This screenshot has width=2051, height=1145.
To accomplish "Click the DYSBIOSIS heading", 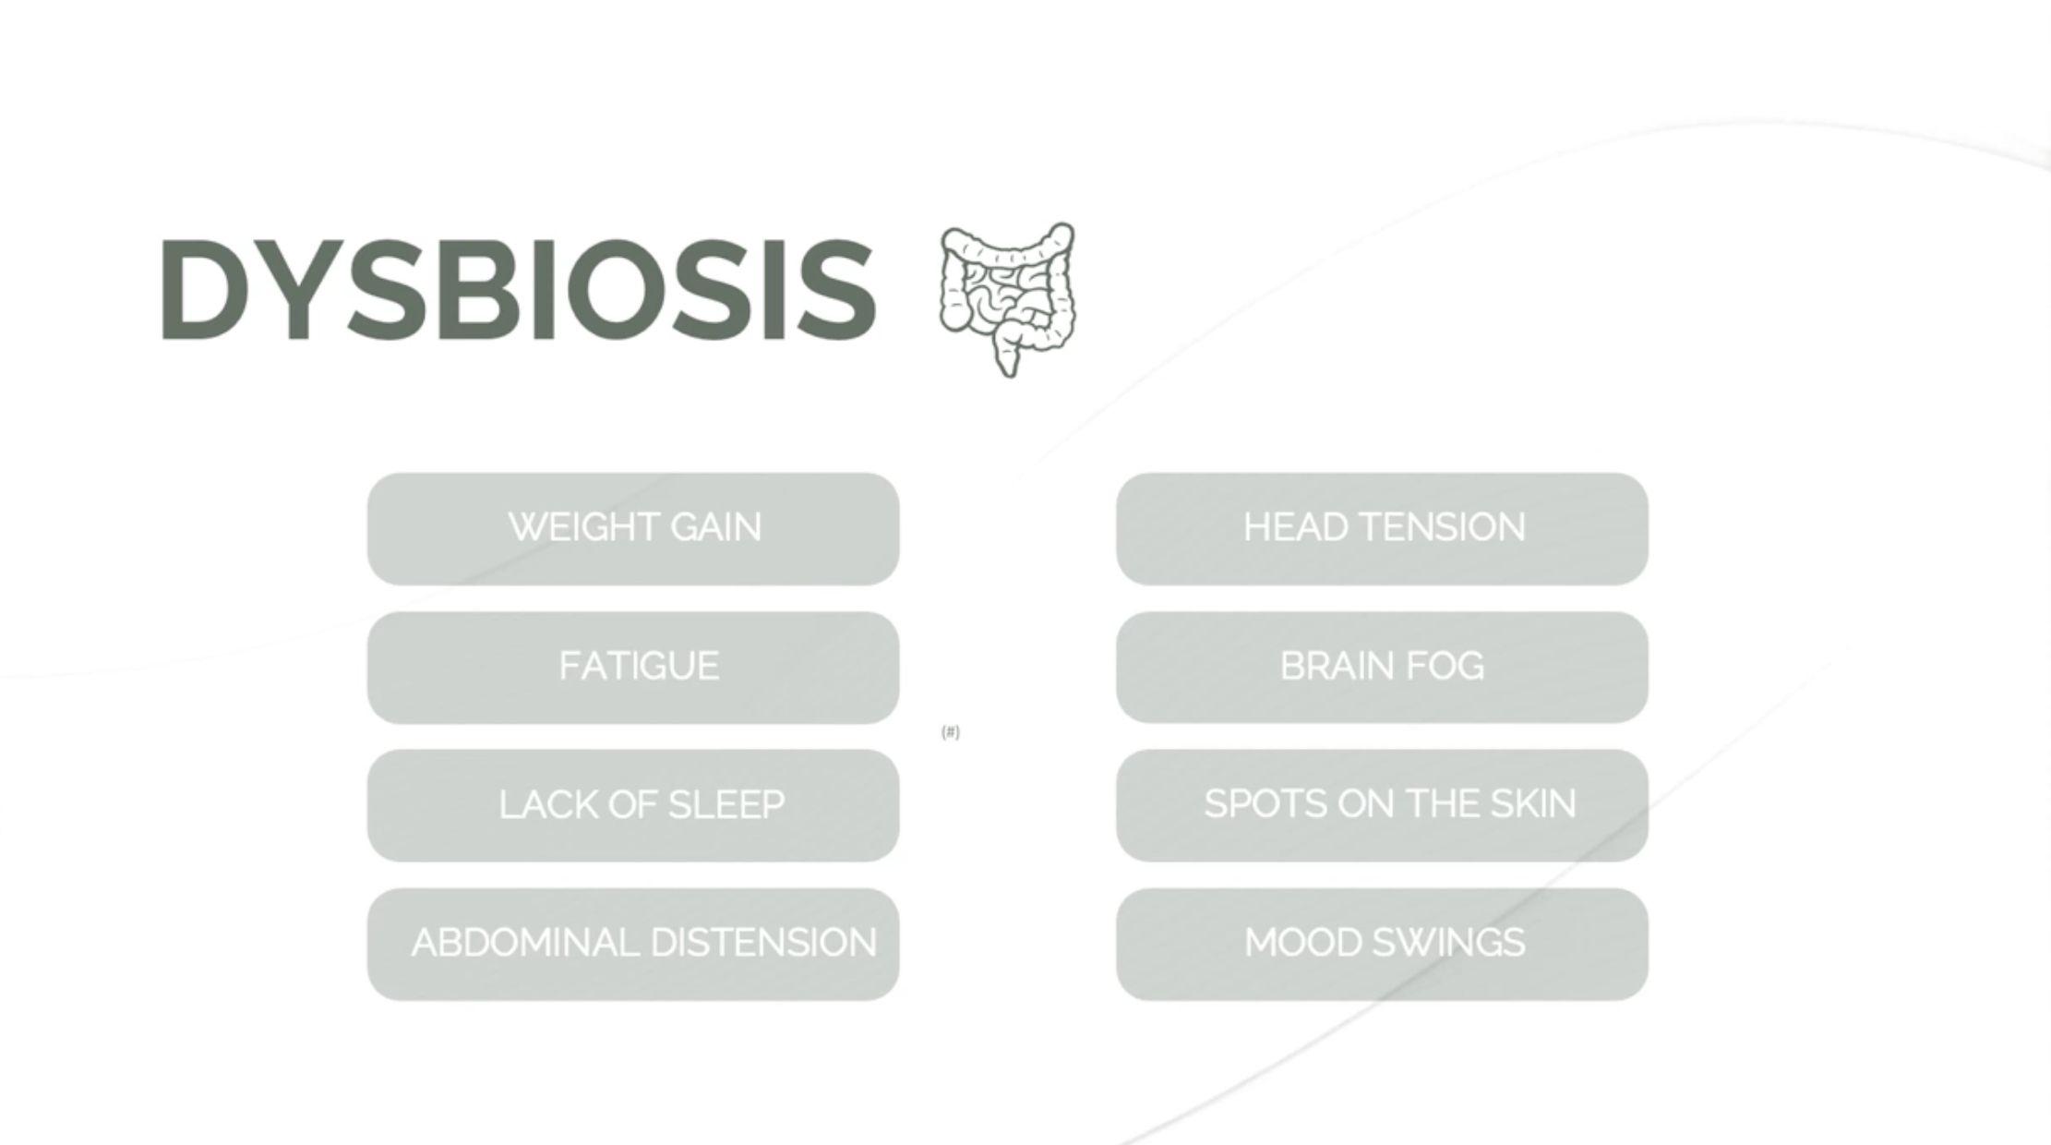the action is pos(518,289).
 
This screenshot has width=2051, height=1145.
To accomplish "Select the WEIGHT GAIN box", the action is pos(633,529).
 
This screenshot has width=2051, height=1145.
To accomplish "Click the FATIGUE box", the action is pos(633,668).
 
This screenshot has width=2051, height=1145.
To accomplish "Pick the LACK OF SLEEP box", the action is pos(633,805).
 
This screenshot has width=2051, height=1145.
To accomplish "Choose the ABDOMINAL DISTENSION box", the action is pos(633,944).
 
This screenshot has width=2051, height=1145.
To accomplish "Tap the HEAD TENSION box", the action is pos(1382,529).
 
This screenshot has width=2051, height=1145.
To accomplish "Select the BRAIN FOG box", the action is pos(1382,668).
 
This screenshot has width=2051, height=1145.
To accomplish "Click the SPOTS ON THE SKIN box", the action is pos(1382,805).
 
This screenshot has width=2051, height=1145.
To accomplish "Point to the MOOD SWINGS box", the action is pos(1382,944).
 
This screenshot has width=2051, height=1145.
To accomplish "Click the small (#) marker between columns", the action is pos(951,732).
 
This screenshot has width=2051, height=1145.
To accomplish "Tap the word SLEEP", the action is pos(726,804).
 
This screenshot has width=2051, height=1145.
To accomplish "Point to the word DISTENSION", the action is pos(763,943).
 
